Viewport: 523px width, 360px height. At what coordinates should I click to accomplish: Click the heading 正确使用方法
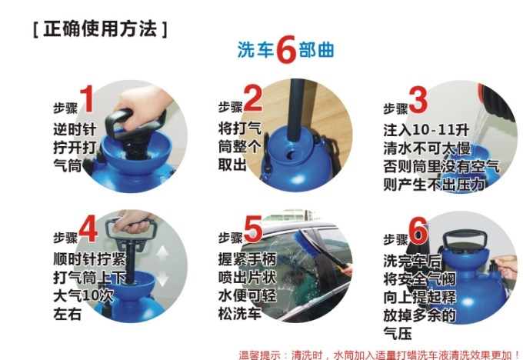[100, 28]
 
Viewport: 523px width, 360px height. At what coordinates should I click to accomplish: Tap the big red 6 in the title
[286, 50]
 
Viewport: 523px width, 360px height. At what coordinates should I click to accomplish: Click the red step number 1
[87, 98]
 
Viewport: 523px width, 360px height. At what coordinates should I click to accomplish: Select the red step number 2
[252, 98]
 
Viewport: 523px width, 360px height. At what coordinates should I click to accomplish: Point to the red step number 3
[418, 99]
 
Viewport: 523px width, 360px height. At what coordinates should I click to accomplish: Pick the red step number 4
[88, 229]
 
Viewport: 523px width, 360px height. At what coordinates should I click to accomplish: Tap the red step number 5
[253, 229]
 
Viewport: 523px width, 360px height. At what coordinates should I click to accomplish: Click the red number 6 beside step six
[418, 230]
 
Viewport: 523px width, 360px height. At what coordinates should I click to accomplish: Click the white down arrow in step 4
[163, 278]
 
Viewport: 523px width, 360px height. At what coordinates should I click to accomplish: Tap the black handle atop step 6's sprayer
[464, 239]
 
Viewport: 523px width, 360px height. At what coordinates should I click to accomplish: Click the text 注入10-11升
[426, 130]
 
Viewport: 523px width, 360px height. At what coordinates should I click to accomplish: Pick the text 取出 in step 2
[232, 165]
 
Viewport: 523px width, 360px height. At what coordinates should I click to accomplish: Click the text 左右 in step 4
[67, 314]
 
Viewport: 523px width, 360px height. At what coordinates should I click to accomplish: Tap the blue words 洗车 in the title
[255, 50]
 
